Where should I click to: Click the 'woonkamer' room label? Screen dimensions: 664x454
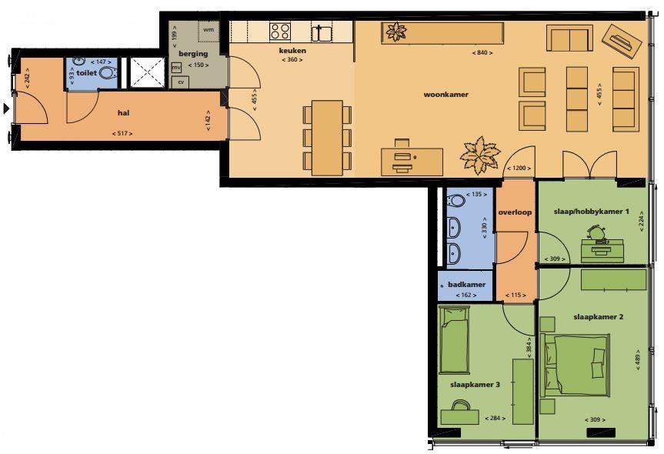click(x=446, y=95)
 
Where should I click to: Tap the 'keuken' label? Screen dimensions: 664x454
click(x=292, y=50)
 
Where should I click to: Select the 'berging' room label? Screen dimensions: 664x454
click(x=193, y=54)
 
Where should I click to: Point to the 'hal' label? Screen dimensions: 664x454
click(x=123, y=112)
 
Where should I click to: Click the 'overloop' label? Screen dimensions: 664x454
click(x=515, y=212)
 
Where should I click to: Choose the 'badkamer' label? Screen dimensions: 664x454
click(x=467, y=285)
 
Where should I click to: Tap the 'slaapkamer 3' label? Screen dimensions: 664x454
click(x=475, y=385)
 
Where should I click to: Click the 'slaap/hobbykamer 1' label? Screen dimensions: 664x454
click(x=591, y=211)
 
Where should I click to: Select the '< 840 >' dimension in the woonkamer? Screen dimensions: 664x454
click(x=482, y=53)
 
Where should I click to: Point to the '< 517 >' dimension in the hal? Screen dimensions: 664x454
click(x=122, y=133)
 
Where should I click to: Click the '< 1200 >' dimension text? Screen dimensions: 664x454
click(x=519, y=168)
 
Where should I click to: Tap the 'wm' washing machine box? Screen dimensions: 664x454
click(x=209, y=30)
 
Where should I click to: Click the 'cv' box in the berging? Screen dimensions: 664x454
click(x=181, y=82)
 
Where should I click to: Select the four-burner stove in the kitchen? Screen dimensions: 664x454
click(x=280, y=32)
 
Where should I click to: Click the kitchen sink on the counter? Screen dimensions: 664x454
click(x=322, y=32)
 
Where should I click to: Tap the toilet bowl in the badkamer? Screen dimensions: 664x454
click(x=456, y=200)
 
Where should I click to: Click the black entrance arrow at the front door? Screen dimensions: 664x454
click(x=6, y=108)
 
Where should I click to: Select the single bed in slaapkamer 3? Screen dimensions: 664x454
click(x=454, y=340)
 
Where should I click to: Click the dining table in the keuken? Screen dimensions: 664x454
click(x=327, y=138)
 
